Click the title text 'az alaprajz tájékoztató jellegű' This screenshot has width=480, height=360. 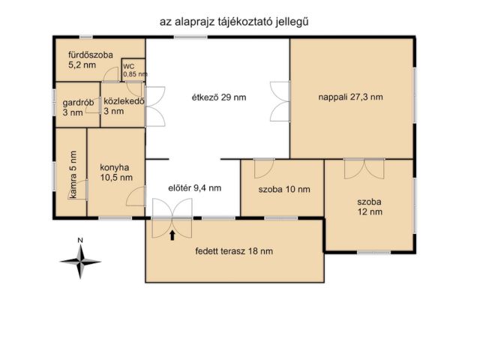tap(234, 22)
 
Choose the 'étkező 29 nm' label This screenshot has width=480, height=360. tap(218, 97)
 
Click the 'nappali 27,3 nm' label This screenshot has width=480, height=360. tap(351, 97)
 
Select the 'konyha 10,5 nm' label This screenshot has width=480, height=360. tap(115, 172)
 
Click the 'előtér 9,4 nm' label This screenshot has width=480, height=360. tap(193, 189)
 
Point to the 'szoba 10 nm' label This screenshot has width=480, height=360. tap(283, 189)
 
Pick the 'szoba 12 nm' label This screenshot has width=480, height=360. tap(369, 207)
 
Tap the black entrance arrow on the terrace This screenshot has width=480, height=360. tap(172, 235)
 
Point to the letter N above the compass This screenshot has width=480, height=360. tap(79, 241)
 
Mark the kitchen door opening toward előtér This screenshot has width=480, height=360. tap(136, 197)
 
